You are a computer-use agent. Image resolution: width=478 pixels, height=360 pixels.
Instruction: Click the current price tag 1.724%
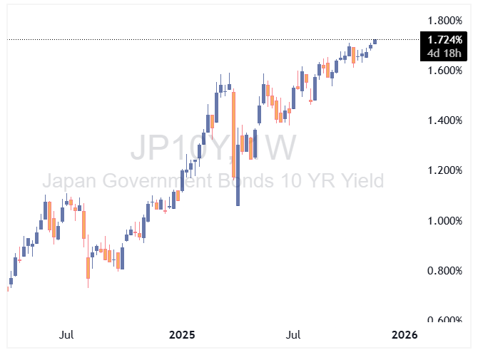[445, 41]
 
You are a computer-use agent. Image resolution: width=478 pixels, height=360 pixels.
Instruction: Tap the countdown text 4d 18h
[445, 52]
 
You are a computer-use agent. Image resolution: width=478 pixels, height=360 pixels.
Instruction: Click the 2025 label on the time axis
[182, 334]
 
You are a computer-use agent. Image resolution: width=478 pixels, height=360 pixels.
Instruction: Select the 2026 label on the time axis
[405, 334]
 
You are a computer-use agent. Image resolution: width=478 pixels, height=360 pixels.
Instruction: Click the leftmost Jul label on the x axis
[66, 334]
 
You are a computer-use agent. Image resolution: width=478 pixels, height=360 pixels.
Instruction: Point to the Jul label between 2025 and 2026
[293, 334]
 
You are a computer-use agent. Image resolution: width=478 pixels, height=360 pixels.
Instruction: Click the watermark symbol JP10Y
[178, 148]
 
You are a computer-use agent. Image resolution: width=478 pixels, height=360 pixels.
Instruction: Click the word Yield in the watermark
[357, 180]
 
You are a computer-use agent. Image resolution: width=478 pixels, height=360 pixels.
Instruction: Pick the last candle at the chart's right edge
[375, 41]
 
